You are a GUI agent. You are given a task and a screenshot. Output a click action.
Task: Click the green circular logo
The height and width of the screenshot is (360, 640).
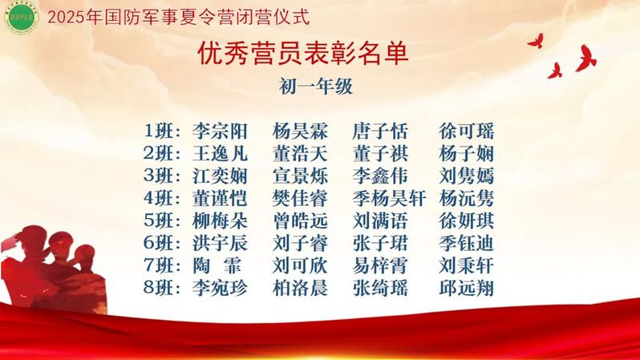[x=21, y=17]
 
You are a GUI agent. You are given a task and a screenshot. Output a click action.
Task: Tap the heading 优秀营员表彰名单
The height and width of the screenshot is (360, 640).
[x=303, y=54]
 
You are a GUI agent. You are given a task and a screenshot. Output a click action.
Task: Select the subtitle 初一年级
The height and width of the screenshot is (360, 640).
[x=315, y=87]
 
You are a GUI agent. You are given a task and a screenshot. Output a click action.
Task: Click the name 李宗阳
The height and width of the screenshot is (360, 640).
[x=220, y=131]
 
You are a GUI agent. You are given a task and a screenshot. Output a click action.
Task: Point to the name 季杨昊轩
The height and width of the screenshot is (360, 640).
[x=389, y=199]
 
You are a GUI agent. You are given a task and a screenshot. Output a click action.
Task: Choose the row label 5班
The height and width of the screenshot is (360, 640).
[x=162, y=221]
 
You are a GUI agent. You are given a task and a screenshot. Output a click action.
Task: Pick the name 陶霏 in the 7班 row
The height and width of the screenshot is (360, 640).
[x=217, y=266]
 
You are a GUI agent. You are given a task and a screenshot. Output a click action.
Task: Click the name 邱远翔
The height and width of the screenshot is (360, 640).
[x=466, y=288]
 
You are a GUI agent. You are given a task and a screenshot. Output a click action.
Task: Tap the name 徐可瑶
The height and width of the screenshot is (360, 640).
[x=466, y=131]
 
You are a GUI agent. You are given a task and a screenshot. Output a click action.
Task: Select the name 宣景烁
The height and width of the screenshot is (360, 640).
[x=300, y=176]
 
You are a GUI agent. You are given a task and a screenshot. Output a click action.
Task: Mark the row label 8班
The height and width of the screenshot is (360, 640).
[x=162, y=288]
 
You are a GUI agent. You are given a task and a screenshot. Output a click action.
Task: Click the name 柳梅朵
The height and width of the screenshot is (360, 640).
[x=220, y=221]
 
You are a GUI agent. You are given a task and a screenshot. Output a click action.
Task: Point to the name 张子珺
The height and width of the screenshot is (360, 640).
[x=380, y=244]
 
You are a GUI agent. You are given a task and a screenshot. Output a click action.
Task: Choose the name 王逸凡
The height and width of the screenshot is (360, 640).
[x=220, y=154]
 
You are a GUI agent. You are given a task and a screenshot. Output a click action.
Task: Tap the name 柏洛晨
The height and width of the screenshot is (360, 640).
[x=300, y=288]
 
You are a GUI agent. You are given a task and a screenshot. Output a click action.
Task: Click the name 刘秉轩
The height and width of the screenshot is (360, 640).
[x=466, y=266]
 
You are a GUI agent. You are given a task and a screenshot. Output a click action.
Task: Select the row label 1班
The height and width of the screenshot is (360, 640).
[x=162, y=131]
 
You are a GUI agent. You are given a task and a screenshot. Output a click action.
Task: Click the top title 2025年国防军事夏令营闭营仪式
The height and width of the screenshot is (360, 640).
[x=179, y=17]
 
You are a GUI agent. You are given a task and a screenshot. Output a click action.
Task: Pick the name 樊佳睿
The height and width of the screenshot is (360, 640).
[x=300, y=199]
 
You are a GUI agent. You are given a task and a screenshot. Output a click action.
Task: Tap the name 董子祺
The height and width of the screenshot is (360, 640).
[x=380, y=154]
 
